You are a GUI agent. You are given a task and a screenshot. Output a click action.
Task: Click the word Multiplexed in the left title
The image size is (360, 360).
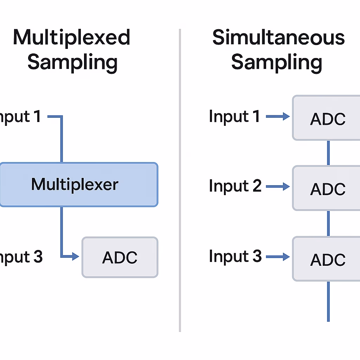point(72,38)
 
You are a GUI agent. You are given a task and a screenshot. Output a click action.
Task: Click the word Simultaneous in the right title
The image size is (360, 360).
point(278,38)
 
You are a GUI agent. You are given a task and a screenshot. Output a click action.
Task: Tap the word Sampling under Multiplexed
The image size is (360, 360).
point(72,63)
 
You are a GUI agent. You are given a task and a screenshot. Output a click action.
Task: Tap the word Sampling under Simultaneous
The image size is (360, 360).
point(277,63)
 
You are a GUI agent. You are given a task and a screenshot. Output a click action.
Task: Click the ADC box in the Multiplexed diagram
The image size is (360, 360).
point(120,257)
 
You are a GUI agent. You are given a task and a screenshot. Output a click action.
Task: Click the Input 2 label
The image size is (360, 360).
point(235,186)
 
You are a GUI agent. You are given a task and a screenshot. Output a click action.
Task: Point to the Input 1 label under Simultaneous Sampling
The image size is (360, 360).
point(234,116)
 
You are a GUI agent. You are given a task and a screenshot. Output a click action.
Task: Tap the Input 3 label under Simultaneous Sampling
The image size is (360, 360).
point(235,256)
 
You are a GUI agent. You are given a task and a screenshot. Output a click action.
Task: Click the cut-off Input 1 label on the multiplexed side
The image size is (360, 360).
point(20,116)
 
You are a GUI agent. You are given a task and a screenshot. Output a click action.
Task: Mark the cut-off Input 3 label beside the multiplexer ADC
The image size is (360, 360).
point(21,257)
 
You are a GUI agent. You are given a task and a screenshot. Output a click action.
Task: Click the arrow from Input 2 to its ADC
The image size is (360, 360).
point(278,187)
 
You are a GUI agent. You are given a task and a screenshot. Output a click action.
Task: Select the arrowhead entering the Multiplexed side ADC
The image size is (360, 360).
point(76,257)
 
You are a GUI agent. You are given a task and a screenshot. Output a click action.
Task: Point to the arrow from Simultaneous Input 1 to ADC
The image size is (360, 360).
point(278,116)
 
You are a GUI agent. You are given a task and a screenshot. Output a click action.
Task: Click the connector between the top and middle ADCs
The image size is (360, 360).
point(328,153)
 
